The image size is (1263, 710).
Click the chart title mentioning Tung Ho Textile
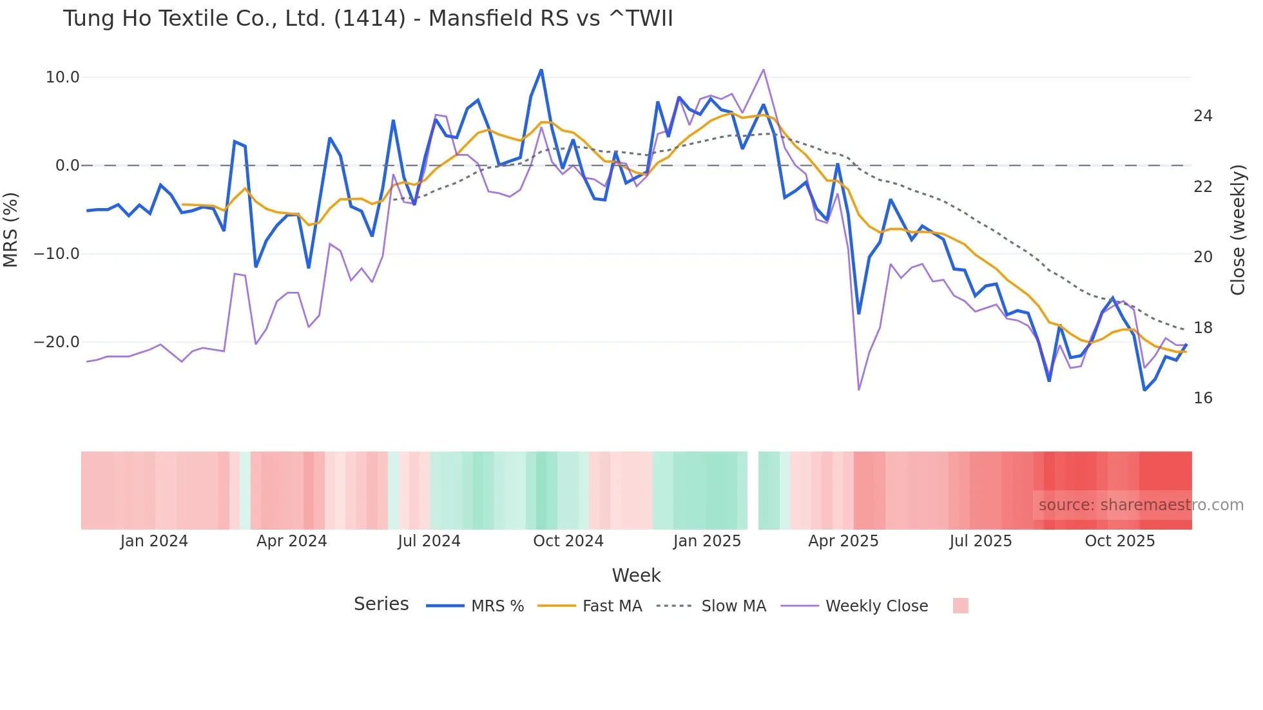click(x=368, y=19)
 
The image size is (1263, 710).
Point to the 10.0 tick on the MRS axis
click(x=63, y=77)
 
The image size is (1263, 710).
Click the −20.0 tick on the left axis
click(x=57, y=342)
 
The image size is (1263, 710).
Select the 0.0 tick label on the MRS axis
click(x=68, y=166)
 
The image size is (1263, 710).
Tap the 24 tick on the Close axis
click(x=1202, y=116)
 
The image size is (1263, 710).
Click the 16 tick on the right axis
click(x=1202, y=398)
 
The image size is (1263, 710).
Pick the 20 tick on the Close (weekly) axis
click(x=1202, y=257)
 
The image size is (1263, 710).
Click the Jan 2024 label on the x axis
click(x=154, y=541)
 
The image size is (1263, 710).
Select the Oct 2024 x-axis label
click(x=568, y=541)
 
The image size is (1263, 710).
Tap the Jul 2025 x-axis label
click(x=980, y=541)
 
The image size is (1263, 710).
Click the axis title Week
click(x=636, y=575)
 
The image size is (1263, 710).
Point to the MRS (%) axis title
click(x=11, y=229)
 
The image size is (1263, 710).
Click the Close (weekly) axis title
click(x=1238, y=229)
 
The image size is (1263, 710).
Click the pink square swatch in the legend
click(x=960, y=606)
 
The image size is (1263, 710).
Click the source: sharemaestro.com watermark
click(x=1141, y=505)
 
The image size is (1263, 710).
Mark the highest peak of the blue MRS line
click(x=541, y=70)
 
